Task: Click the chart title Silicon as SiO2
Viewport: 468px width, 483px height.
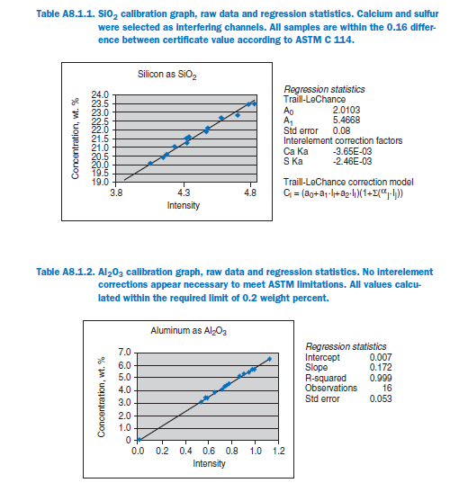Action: click(166, 75)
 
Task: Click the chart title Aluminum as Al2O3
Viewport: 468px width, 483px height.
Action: click(188, 331)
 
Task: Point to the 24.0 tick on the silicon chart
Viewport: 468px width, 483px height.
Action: click(100, 94)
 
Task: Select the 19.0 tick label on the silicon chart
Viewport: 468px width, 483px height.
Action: click(100, 182)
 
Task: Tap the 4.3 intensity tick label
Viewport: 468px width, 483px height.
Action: click(184, 193)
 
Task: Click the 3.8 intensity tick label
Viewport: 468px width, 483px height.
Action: click(116, 193)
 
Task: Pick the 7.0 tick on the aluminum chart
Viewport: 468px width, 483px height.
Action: click(124, 352)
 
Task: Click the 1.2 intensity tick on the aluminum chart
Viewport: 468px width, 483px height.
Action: click(278, 451)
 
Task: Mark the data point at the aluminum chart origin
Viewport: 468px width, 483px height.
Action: click(139, 440)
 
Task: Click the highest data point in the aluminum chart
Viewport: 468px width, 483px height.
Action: click(269, 359)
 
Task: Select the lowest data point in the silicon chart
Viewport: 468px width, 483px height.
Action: click(150, 164)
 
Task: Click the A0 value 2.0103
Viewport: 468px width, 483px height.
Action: click(346, 110)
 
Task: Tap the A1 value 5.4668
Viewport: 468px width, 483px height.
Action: click(346, 120)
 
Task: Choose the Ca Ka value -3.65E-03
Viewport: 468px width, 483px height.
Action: click(352, 151)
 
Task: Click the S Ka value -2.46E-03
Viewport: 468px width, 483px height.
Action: click(352, 161)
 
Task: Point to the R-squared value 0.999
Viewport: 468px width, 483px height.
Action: click(381, 378)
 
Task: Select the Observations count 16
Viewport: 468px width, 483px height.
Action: click(387, 388)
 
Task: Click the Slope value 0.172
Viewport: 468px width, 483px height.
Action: click(381, 367)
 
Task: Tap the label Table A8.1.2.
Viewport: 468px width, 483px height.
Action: click(66, 272)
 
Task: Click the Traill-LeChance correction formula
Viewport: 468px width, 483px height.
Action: click(343, 193)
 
